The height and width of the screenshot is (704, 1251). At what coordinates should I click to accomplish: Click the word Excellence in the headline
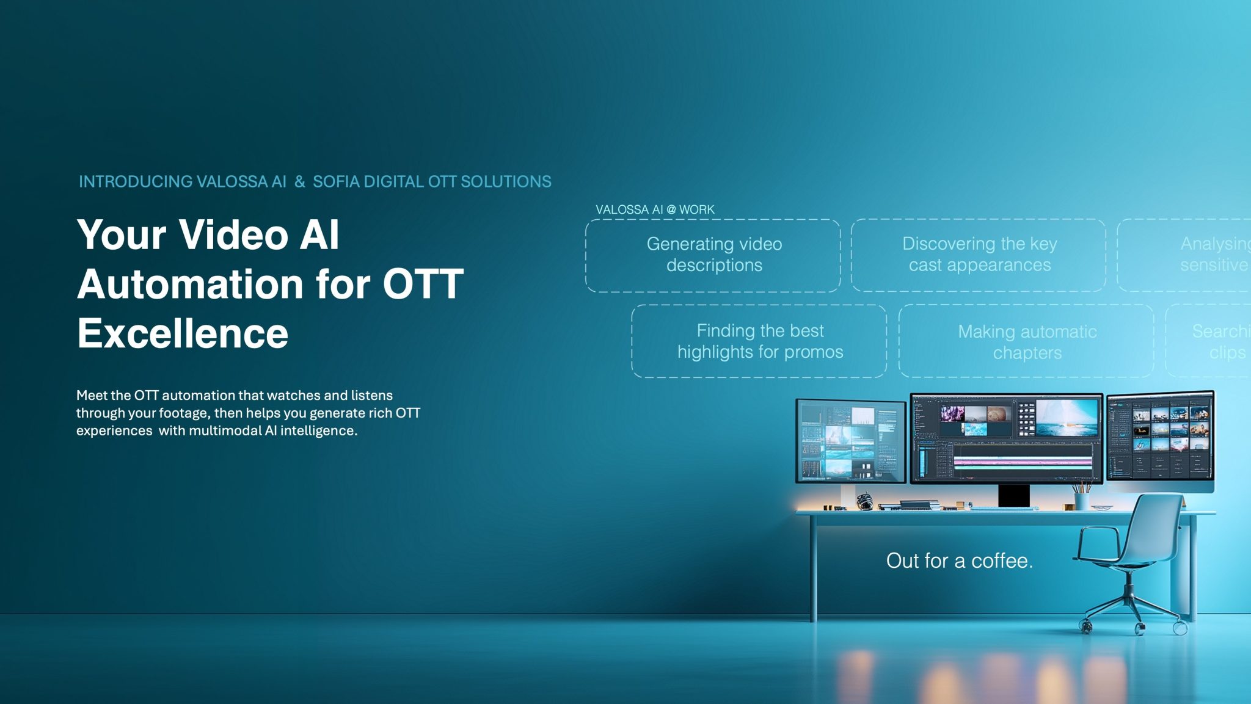[182, 334]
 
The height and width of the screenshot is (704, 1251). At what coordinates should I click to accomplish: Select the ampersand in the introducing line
[299, 182]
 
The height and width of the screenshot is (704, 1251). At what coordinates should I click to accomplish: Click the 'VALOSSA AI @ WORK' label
[655, 209]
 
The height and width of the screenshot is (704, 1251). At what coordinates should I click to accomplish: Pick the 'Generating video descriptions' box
[713, 255]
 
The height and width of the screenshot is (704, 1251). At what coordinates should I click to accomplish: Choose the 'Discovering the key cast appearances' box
[979, 255]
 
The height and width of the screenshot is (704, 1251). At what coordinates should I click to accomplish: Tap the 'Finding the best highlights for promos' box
[759, 341]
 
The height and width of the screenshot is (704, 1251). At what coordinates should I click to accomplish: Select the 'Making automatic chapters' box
[1027, 342]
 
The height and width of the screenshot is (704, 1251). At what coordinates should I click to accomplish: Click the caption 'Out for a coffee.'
[959, 561]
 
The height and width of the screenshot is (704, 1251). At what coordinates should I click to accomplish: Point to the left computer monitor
[850, 441]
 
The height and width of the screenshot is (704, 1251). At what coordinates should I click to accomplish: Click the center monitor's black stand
[1013, 495]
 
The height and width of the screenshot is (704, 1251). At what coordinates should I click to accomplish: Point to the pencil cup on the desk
[1082, 501]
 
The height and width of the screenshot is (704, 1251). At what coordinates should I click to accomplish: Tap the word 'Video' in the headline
[233, 234]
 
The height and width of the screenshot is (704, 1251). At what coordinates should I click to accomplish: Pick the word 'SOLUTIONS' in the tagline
[506, 182]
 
